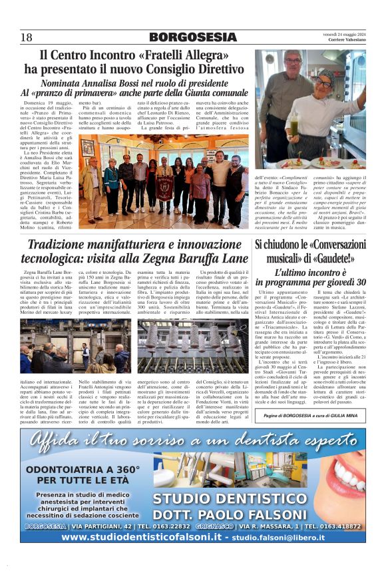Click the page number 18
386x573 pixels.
pyautogui.click(x=26, y=37)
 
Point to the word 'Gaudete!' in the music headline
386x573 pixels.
pyautogui.click(x=331, y=259)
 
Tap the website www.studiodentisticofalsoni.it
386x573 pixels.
pyautogui.click(x=134, y=536)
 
